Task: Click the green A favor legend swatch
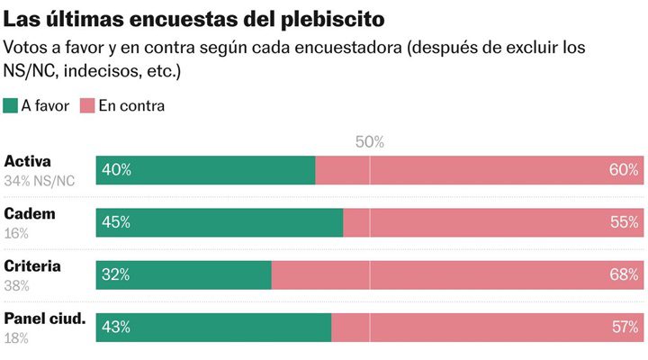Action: point(12,105)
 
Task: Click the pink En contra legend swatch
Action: point(88,105)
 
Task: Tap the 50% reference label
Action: point(369,141)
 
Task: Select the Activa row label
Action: point(27,162)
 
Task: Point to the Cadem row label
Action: point(30,214)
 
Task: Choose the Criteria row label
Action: point(32,266)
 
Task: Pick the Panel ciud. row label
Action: point(45,319)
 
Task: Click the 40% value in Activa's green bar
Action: point(116,170)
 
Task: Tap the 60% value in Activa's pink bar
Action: point(623,170)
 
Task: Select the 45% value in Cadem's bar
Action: point(116,222)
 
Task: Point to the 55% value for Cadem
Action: point(623,222)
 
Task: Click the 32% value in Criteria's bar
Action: point(116,274)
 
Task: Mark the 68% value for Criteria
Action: point(623,274)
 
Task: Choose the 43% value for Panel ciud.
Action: point(116,327)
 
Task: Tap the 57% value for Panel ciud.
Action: point(623,327)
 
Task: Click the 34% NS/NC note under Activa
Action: point(40,181)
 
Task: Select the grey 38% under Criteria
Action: point(17,285)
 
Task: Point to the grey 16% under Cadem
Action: point(16,233)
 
